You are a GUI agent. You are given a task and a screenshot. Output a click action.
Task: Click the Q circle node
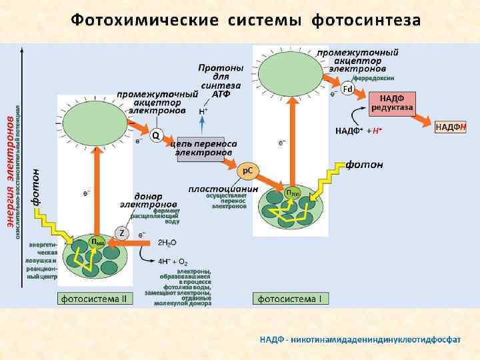[x=155, y=136]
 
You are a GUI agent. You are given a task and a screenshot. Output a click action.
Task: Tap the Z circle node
[x=121, y=233]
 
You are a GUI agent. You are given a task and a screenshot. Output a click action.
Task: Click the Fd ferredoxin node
[x=347, y=89]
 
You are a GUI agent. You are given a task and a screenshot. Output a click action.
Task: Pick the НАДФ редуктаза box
[x=392, y=103]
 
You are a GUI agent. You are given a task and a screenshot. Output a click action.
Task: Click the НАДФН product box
[x=451, y=127]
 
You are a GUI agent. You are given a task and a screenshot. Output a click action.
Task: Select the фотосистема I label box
[x=289, y=299]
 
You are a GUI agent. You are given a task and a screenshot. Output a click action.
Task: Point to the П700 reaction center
[x=293, y=193]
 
